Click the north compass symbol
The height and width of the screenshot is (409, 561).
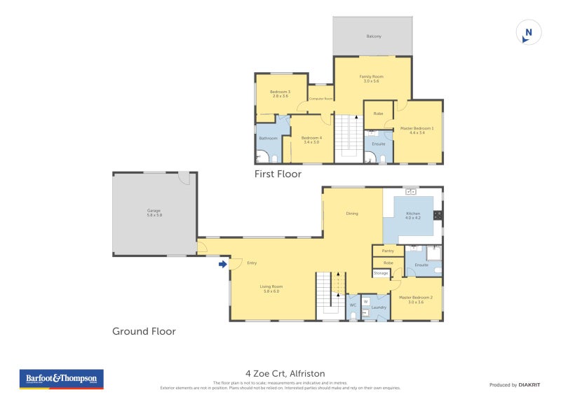click(528, 32)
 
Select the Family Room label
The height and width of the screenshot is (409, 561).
click(372, 79)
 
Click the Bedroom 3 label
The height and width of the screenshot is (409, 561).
click(280, 94)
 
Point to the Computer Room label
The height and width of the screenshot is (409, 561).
click(320, 99)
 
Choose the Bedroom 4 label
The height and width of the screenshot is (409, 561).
click(311, 140)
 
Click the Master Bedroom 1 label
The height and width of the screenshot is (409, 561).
click(417, 130)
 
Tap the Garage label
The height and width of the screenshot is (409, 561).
click(154, 213)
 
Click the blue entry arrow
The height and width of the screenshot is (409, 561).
click(222, 264)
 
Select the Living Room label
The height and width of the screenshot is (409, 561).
click(271, 289)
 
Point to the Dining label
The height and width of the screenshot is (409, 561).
click(352, 214)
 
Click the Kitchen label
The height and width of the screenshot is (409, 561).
click(412, 216)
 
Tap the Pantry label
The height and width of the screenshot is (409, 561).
click(388, 251)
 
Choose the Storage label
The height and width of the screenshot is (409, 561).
click(381, 272)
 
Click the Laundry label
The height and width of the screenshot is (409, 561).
click(379, 307)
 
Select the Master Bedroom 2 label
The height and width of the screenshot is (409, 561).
click(416, 299)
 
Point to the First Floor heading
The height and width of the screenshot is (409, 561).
click(278, 174)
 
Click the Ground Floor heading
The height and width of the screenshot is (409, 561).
click(144, 331)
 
